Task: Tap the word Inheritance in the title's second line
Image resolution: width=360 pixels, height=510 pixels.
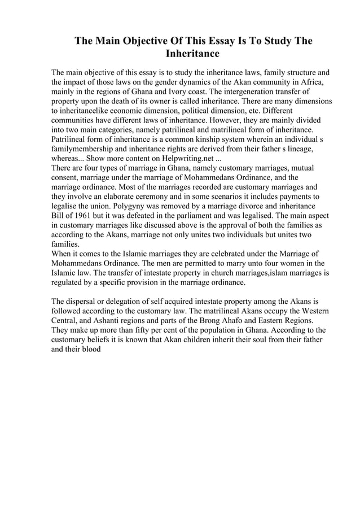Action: [192, 55]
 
